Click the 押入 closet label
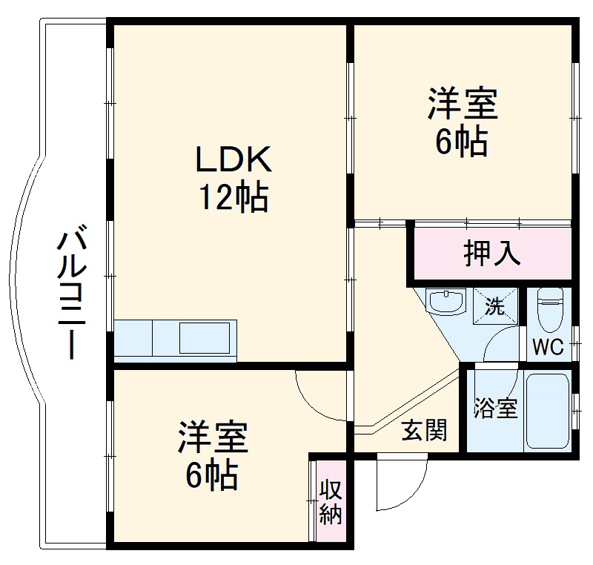(x=492, y=254)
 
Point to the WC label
(x=549, y=346)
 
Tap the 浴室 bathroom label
(x=496, y=409)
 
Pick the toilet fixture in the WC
(x=550, y=308)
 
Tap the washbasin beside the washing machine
(x=446, y=302)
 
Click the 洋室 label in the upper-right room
(x=461, y=105)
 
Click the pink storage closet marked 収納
(x=328, y=502)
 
